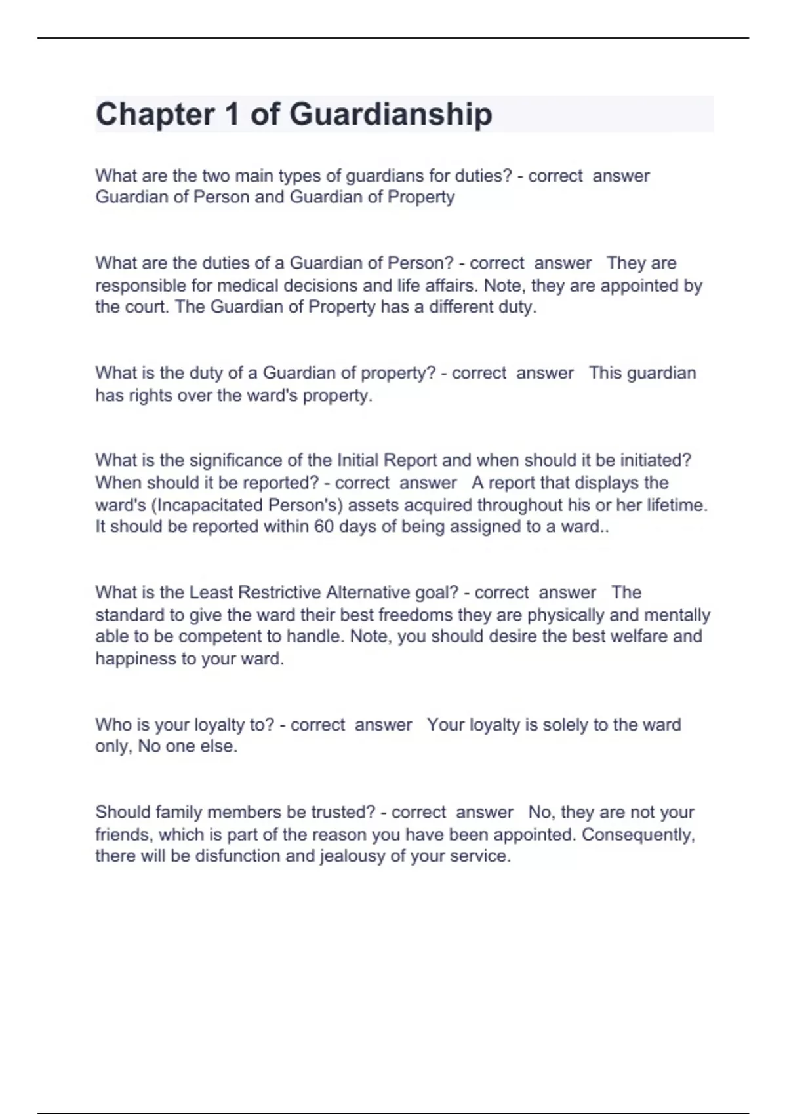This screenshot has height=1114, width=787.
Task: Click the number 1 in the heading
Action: [232, 115]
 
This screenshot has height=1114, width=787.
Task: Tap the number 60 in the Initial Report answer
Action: [324, 527]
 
